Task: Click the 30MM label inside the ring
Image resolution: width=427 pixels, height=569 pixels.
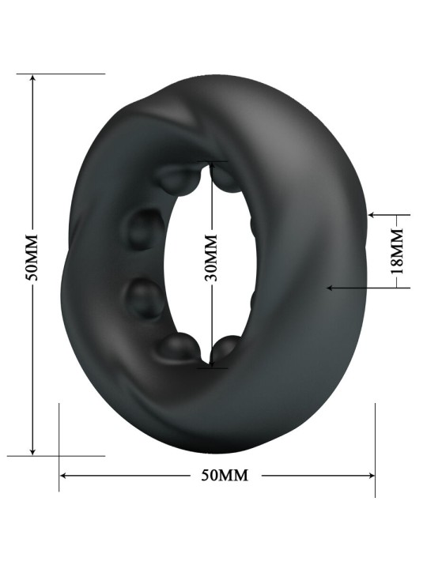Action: point(210,258)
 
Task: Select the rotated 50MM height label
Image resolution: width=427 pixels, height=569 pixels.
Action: point(32,258)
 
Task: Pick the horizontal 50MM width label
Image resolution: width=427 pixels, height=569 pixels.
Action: point(225,475)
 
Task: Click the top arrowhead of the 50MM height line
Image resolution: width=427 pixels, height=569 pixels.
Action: point(32,78)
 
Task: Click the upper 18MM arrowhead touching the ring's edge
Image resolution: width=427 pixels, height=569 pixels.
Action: point(372,215)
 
